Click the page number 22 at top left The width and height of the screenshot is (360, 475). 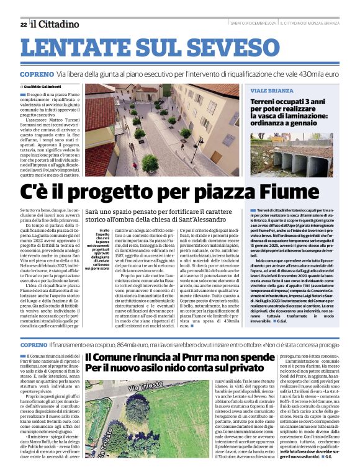tap(23, 24)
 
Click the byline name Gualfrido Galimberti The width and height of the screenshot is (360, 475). tap(63, 86)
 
